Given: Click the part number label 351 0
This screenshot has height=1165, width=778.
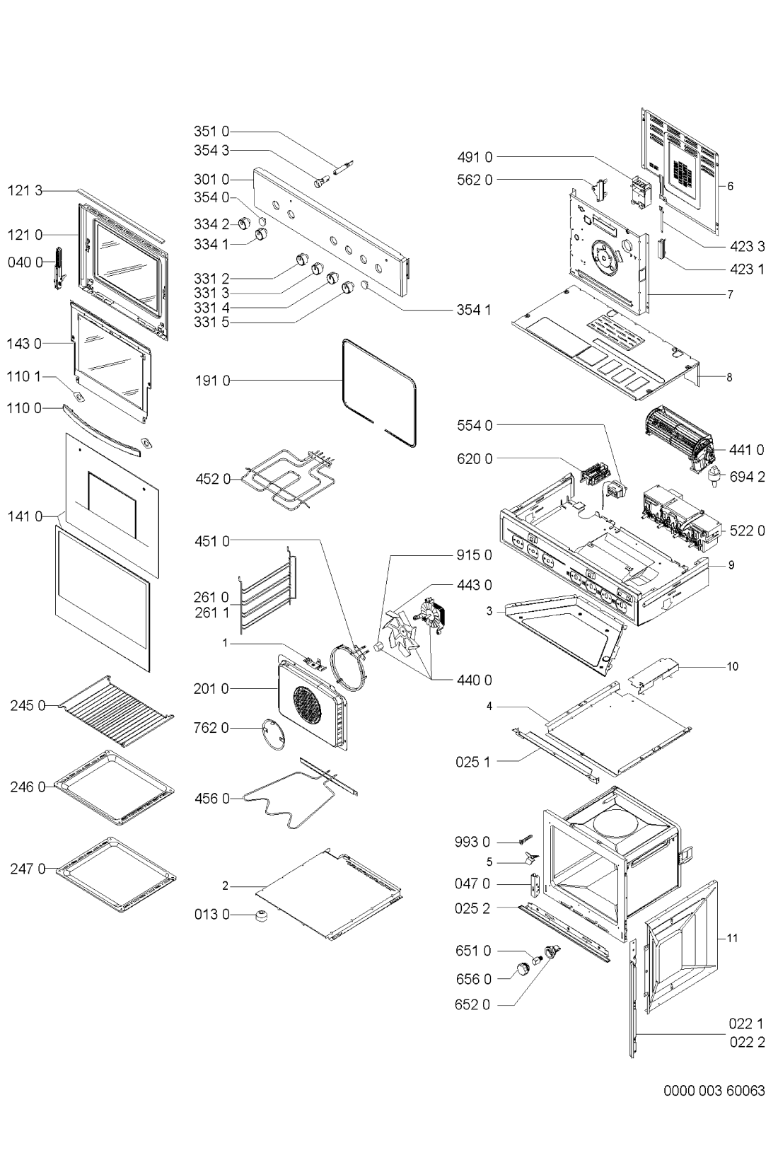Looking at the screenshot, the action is click(211, 132).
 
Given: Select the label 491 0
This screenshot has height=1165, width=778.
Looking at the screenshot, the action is click(475, 156).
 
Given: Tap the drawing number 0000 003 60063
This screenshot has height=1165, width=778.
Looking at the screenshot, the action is click(714, 1090).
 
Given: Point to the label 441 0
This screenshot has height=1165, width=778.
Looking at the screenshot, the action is click(747, 450).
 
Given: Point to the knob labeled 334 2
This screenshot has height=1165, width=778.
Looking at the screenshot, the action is click(245, 224).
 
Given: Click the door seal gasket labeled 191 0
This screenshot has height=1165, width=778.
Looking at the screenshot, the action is click(379, 393).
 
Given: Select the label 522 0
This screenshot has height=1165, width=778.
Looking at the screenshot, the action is click(748, 531).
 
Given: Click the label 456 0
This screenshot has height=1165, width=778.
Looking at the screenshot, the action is click(211, 799).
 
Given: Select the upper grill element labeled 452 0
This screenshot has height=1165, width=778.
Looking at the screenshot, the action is click(288, 478).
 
